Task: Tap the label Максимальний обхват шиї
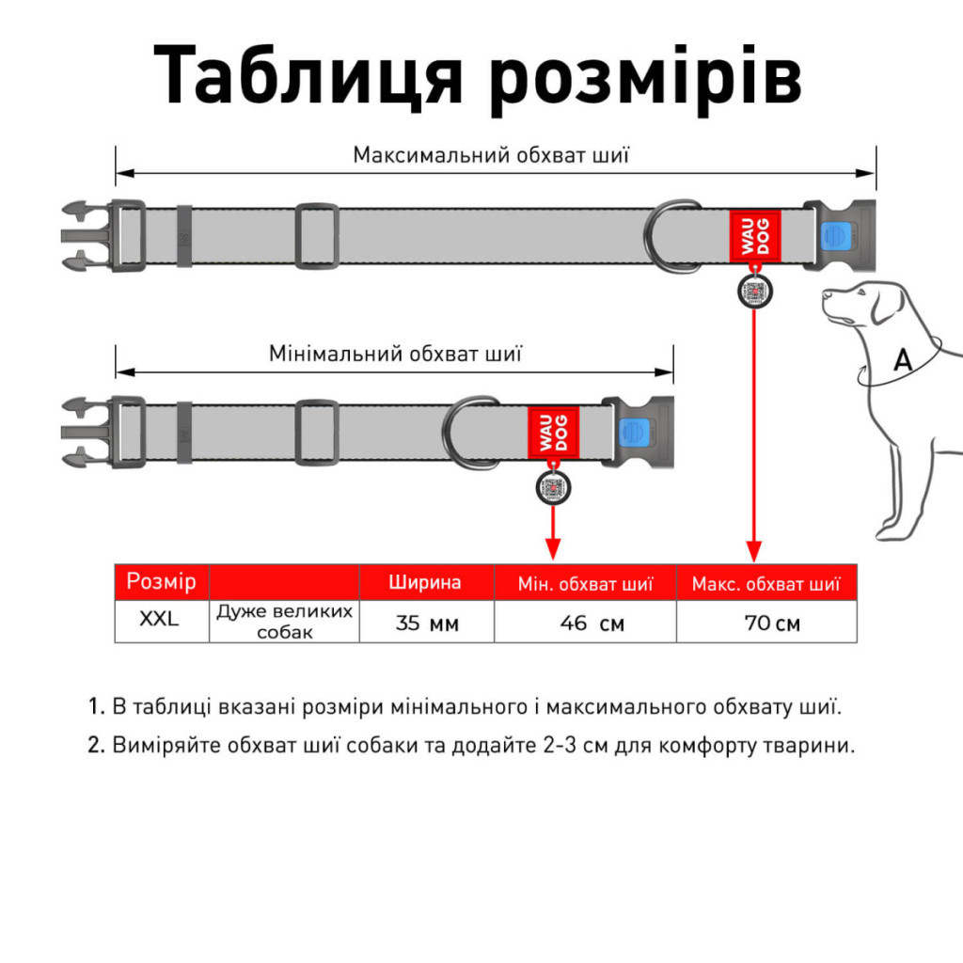click(x=491, y=154)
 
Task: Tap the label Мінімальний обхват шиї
click(x=395, y=355)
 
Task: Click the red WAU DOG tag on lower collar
click(x=553, y=434)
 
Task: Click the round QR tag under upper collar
click(x=754, y=292)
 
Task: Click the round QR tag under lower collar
click(x=553, y=488)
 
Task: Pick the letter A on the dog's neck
click(x=902, y=360)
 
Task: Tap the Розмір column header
click(x=161, y=581)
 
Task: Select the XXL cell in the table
click(x=161, y=620)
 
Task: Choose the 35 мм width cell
click(x=426, y=623)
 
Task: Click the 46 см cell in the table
click(x=584, y=623)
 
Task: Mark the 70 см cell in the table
click(x=766, y=623)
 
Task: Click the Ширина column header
click(x=426, y=582)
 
